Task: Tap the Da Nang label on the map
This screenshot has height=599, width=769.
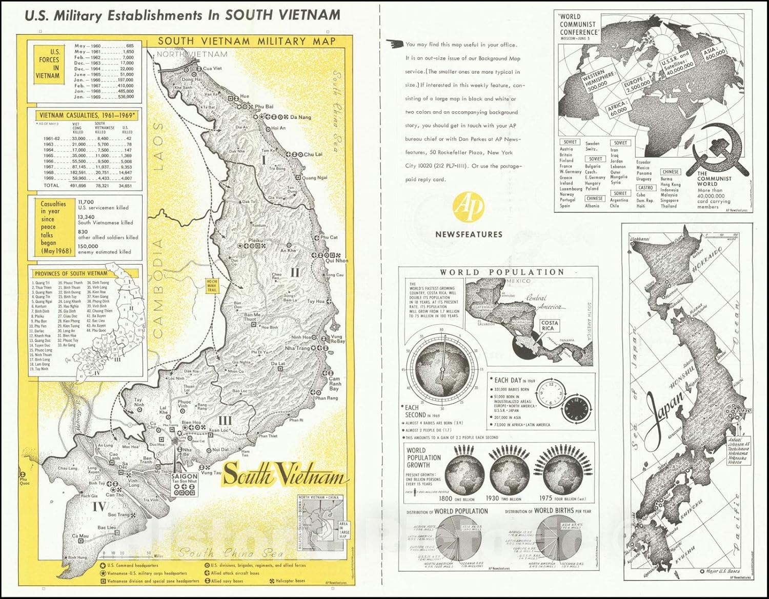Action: point(300,117)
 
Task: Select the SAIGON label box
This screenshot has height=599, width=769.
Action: point(184,476)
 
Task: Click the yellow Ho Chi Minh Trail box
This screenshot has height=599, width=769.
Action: point(212,286)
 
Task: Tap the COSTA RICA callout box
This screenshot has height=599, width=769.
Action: point(548,325)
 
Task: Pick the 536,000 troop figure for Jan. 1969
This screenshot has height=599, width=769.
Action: point(125,96)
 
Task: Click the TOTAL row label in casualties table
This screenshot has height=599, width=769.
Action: point(51,186)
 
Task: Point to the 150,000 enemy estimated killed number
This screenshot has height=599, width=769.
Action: point(88,246)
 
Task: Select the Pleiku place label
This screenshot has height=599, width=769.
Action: point(255,239)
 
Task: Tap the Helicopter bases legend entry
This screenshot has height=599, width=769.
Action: point(290,581)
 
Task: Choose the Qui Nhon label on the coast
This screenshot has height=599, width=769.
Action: point(337,261)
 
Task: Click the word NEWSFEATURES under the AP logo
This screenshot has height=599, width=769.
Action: point(469,234)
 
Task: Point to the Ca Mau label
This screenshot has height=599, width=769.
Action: point(80,536)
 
